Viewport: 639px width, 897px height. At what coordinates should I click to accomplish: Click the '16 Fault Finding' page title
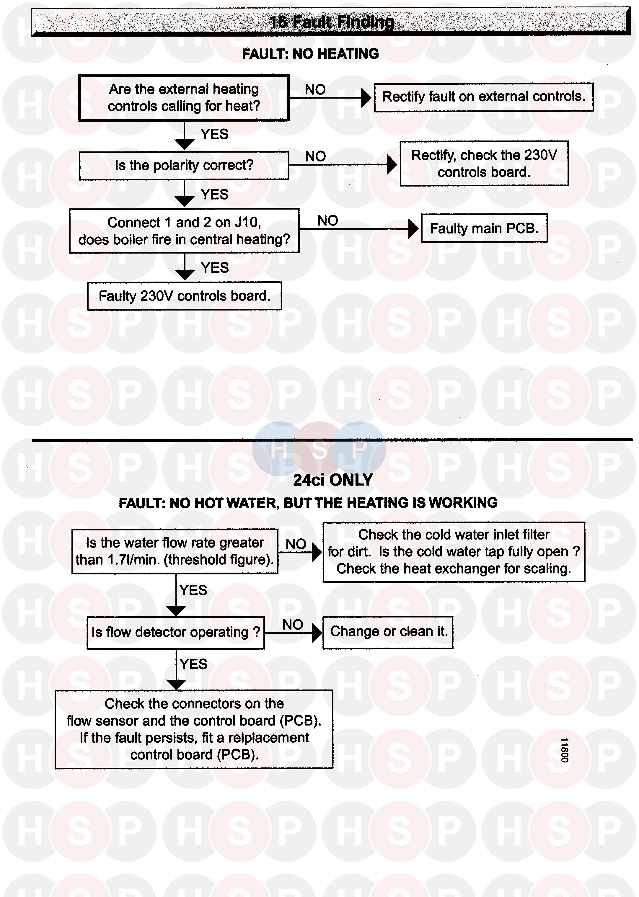coord(331,22)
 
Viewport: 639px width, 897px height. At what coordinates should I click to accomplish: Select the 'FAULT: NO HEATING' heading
coord(310,54)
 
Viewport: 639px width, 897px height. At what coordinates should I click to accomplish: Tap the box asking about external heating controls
coord(184,97)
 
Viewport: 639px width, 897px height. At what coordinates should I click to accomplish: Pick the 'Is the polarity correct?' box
coord(184,166)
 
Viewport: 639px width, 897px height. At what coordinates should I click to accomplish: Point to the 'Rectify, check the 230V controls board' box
coord(484,164)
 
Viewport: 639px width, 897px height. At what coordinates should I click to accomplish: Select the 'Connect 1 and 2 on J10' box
coord(184,231)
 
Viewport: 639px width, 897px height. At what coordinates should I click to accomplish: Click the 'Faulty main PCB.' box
coord(484,228)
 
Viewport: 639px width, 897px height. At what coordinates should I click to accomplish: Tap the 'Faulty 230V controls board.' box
coord(184,296)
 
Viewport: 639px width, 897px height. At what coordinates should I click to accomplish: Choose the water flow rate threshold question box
coord(175,551)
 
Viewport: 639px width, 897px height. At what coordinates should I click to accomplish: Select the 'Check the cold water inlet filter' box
coord(454,552)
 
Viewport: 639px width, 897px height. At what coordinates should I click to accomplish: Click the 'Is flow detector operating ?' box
coord(175,632)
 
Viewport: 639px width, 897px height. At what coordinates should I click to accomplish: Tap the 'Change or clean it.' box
coord(388,632)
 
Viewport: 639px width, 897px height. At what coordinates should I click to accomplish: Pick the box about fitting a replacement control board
coord(194,729)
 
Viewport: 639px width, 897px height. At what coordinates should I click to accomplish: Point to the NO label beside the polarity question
coord(315,156)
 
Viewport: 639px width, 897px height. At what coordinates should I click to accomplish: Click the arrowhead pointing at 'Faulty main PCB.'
coord(413,228)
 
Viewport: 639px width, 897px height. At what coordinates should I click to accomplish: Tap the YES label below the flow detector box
coord(193,664)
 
